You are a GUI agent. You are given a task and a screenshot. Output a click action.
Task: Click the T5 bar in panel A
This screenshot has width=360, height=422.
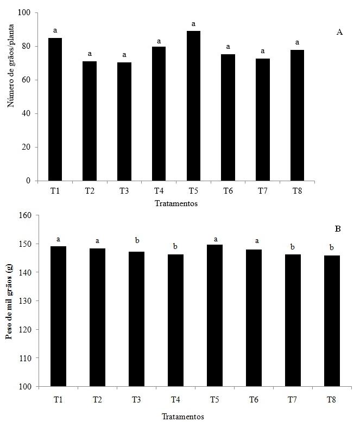click(193, 106)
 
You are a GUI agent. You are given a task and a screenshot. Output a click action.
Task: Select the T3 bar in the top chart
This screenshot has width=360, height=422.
click(124, 122)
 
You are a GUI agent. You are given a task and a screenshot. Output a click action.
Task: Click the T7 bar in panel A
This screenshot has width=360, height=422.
click(262, 119)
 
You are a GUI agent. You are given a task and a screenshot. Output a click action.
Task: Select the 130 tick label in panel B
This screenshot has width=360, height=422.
click(24, 301)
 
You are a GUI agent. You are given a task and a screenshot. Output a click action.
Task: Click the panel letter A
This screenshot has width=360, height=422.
click(339, 33)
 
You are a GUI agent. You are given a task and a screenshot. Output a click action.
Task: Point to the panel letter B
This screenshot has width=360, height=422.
click(338, 229)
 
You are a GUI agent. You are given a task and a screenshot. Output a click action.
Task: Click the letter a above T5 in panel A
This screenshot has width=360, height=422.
click(193, 24)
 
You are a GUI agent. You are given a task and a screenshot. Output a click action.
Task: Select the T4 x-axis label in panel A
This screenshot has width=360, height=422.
click(159, 191)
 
